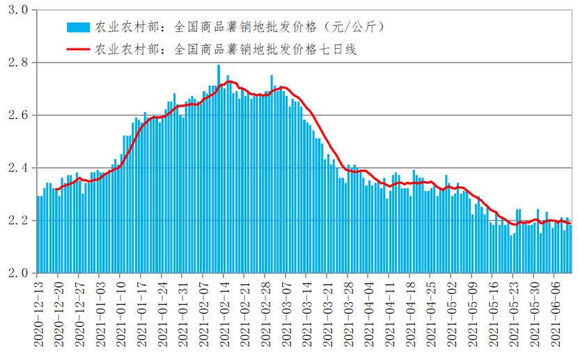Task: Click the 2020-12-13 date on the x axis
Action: (x=39, y=313)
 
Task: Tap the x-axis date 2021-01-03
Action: (x=101, y=313)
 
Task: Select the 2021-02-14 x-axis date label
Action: (x=226, y=313)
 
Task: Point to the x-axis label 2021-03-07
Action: (x=288, y=313)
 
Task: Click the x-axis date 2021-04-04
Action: (x=370, y=313)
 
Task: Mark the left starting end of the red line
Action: (x=56, y=189)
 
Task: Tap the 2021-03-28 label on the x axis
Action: (x=350, y=313)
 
